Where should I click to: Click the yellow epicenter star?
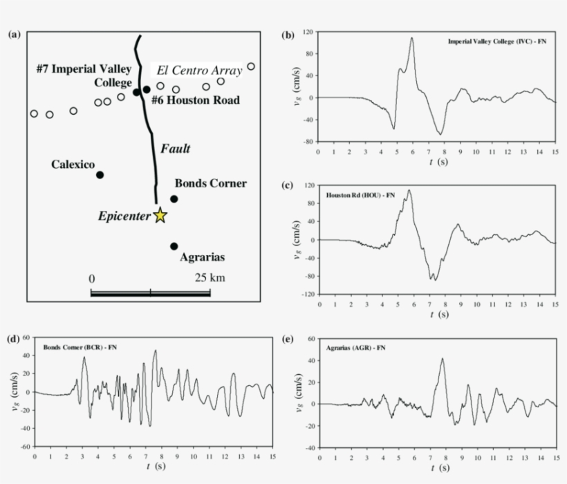point(160,216)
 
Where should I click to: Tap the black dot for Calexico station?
point(100,175)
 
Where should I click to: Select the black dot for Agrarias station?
point(174,246)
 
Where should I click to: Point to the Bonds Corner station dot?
point(174,199)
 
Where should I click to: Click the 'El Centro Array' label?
point(199,71)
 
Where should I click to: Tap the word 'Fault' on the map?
point(175,149)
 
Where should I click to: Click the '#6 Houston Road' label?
point(196,100)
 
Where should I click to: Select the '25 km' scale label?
point(210,278)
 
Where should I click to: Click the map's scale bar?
point(151,293)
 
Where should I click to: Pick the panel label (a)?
point(14,35)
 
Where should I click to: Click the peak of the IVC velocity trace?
point(412,38)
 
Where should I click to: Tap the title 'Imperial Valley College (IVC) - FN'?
point(497,42)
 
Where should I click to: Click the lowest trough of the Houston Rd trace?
point(434,279)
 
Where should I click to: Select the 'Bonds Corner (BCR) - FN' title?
point(80,346)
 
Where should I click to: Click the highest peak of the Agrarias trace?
point(443,358)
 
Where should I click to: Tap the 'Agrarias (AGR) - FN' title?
point(355,346)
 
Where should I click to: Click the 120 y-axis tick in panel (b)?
point(309,32)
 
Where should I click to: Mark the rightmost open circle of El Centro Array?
point(251,66)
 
